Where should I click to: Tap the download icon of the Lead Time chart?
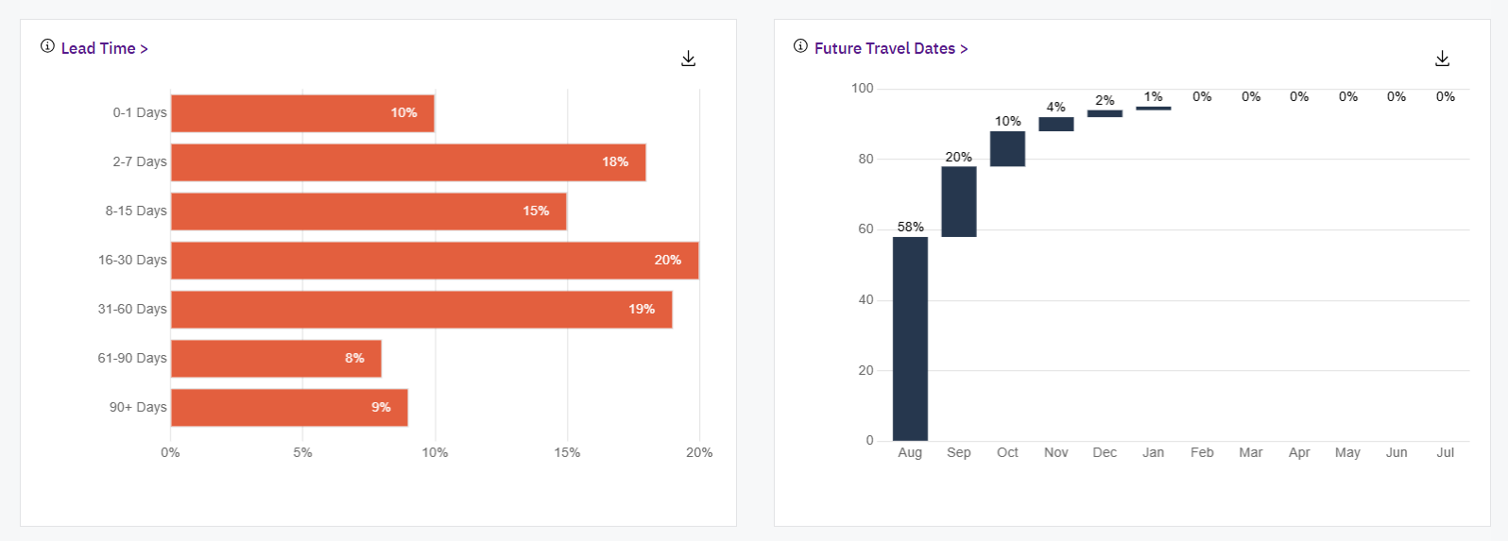coord(689,59)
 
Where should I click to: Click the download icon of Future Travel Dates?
coord(1442,59)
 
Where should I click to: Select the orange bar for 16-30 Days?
coord(435,261)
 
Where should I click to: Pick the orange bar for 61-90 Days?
coord(276,359)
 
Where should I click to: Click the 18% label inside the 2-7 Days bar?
coord(615,162)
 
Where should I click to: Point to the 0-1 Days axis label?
coord(140,112)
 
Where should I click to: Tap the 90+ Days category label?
coord(138,407)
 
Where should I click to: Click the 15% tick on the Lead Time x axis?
coord(567,452)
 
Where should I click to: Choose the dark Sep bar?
coord(959,201)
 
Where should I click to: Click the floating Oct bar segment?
coord(1007,148)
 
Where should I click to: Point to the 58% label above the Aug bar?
coord(911,227)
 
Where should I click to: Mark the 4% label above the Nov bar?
coord(1056,107)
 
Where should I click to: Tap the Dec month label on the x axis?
coord(1105,452)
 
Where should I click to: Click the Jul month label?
coord(1445,452)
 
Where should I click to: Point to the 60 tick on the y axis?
coord(865,229)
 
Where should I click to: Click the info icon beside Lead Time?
coord(47,46)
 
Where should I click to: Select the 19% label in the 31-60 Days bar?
coord(642,310)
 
